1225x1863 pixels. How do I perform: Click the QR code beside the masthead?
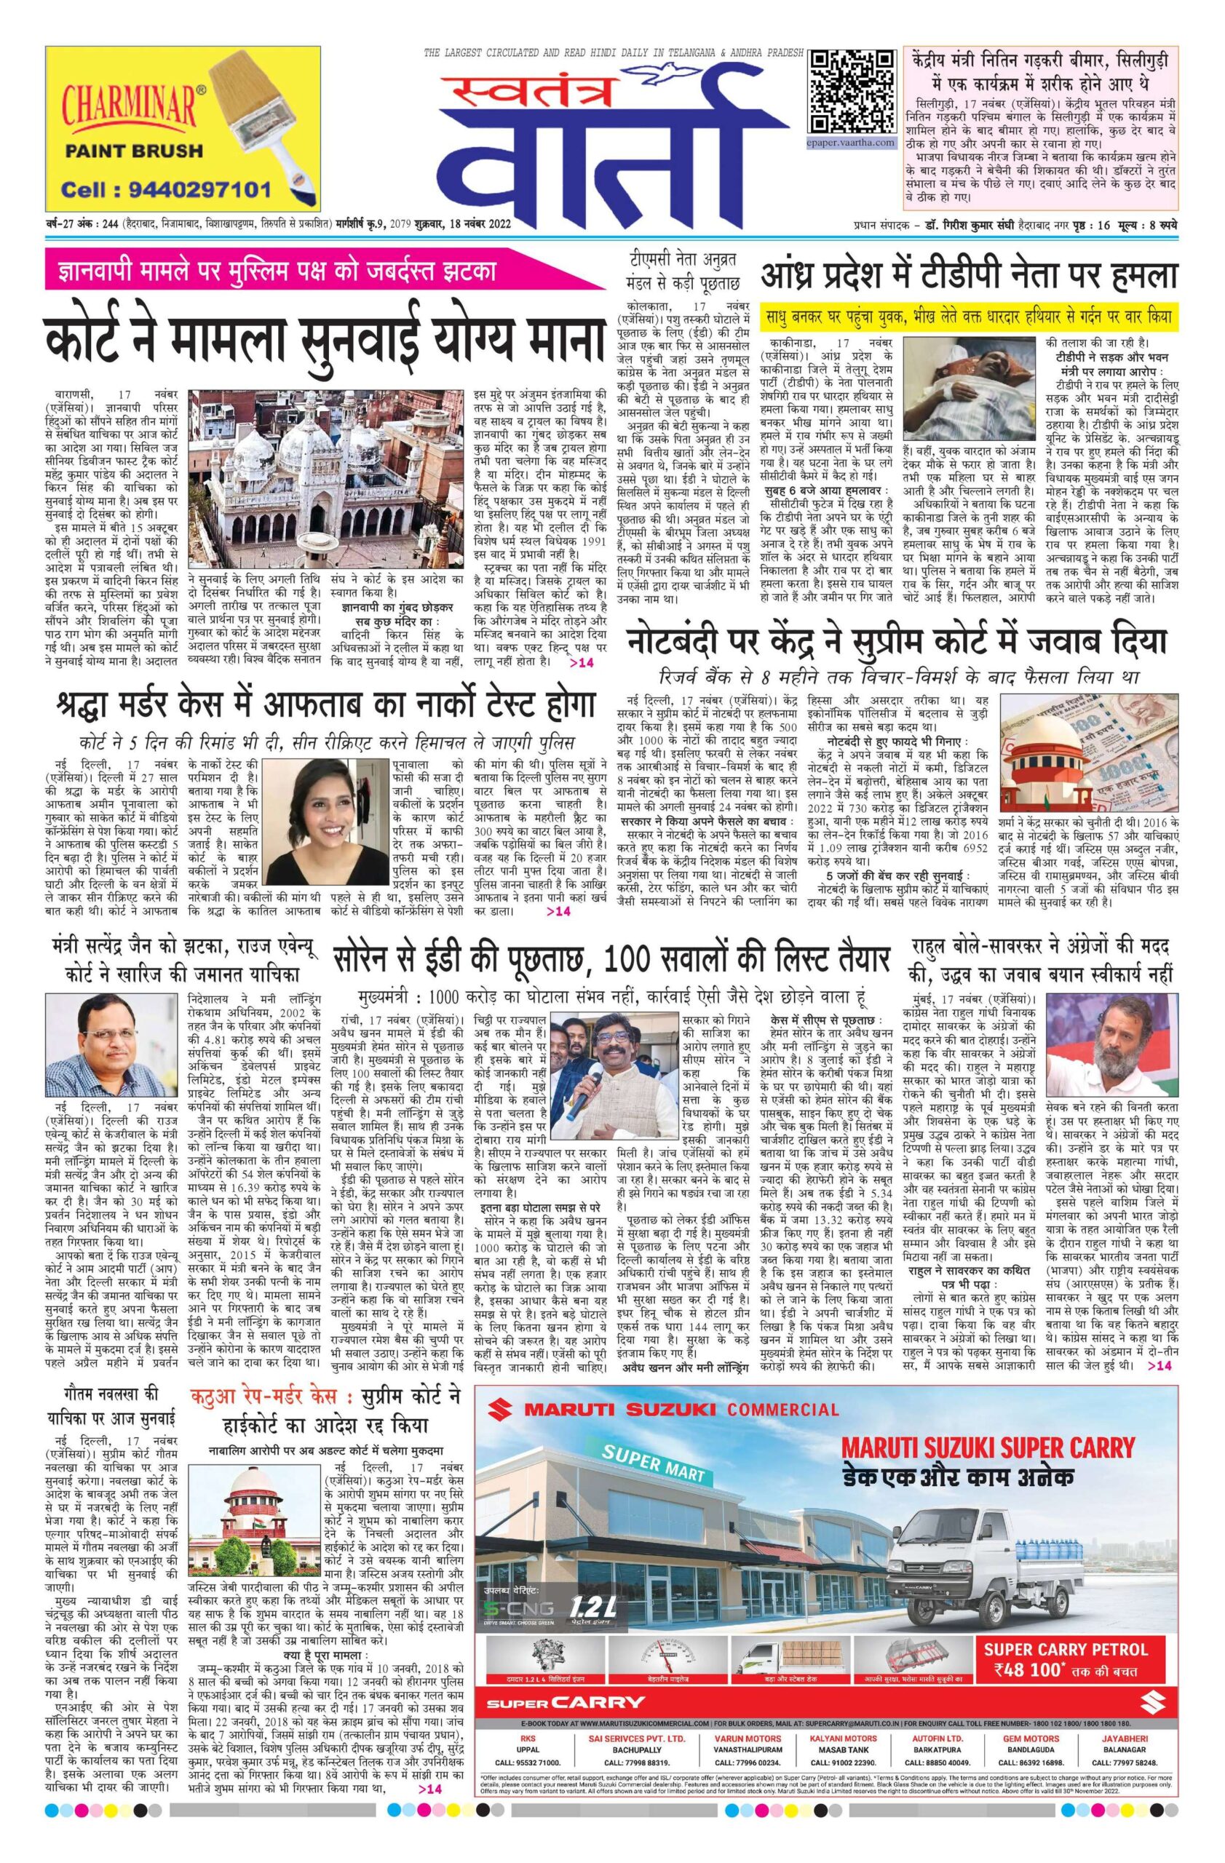[851, 92]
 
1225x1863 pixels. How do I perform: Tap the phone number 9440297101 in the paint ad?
[167, 188]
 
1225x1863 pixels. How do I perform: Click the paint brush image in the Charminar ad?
[259, 118]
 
